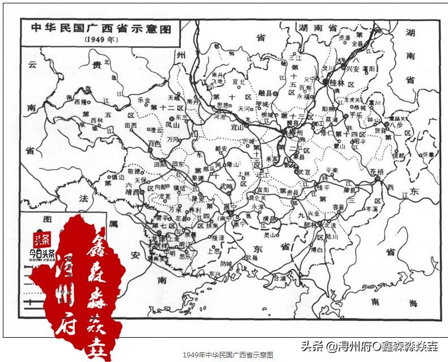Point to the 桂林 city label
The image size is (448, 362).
pyautogui.click(x=337, y=83)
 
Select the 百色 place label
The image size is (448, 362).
pyautogui.click(x=154, y=144)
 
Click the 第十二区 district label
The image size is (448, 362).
pyautogui.click(x=168, y=107)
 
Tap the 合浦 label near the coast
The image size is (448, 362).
pyautogui.click(x=279, y=278)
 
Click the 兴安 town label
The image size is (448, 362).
pyautogui.click(x=352, y=68)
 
